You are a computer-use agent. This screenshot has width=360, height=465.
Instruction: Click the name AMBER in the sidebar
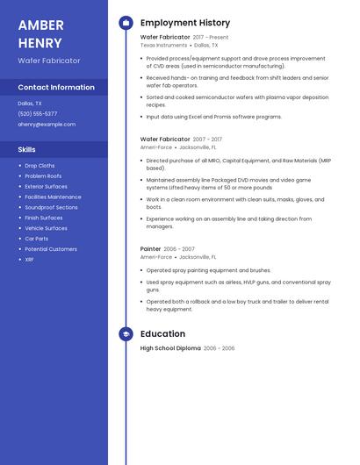(x=40, y=25)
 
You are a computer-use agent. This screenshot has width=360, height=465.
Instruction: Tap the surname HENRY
(x=40, y=43)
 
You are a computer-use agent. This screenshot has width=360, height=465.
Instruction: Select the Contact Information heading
(x=56, y=88)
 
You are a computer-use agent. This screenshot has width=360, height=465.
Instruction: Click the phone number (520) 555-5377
(x=38, y=114)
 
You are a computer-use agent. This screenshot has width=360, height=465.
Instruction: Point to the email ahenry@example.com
(x=47, y=125)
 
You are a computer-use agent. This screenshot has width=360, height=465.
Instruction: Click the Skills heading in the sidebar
(x=27, y=149)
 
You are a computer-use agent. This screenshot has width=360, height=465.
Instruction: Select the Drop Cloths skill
(x=40, y=166)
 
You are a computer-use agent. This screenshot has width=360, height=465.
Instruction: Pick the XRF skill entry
(x=29, y=260)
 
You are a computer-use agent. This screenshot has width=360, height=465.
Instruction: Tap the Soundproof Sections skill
(x=51, y=207)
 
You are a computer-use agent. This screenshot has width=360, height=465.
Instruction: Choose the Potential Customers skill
(x=51, y=249)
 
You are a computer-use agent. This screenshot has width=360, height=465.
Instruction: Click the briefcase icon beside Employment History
(x=126, y=23)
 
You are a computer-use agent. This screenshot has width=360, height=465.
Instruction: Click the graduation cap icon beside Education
(x=126, y=334)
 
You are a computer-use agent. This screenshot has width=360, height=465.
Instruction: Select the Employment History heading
(x=185, y=23)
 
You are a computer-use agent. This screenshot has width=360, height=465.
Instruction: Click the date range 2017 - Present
(x=211, y=38)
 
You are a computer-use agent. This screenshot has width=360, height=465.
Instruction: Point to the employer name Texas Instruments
(x=163, y=45)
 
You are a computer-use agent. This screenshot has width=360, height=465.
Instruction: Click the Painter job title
(x=150, y=249)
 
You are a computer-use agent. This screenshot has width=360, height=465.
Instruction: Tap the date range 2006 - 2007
(x=180, y=249)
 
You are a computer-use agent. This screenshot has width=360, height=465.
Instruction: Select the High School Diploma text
(x=170, y=348)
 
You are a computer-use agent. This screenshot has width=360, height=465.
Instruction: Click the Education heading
(x=162, y=334)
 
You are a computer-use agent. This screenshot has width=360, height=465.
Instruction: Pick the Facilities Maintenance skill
(x=53, y=197)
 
